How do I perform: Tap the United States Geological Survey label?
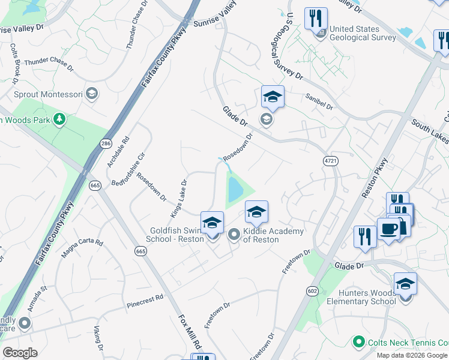(363, 33)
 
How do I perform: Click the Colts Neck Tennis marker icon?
(359, 342)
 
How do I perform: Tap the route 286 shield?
(106, 144)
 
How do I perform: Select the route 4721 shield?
(330, 161)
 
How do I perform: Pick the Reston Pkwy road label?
(376, 178)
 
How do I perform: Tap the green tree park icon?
(59, 119)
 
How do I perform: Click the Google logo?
(20, 353)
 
